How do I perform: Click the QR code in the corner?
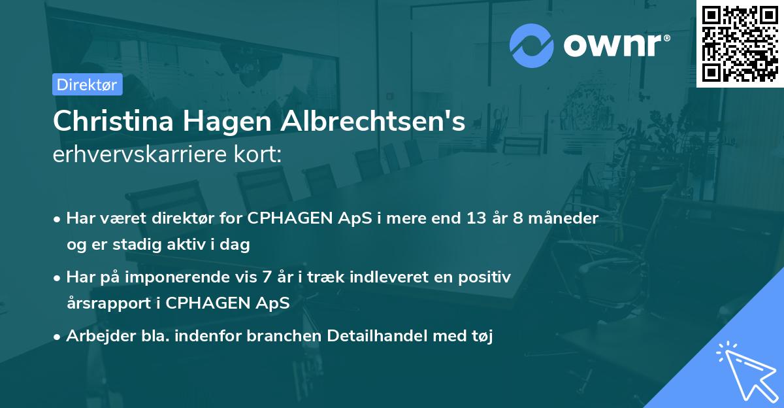(x=740, y=44)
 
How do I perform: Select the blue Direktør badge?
(x=87, y=84)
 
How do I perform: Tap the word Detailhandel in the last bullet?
(x=379, y=337)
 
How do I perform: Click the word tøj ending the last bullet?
(x=482, y=337)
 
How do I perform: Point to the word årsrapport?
(x=108, y=303)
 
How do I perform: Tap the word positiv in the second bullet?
(x=487, y=277)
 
